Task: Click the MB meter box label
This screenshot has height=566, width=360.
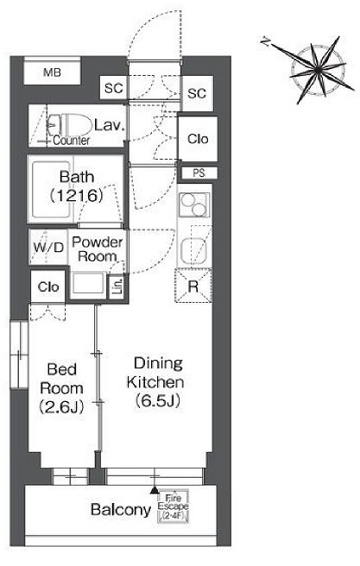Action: click(52, 72)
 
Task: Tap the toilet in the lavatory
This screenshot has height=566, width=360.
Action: click(71, 125)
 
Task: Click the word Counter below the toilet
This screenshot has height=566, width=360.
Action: click(72, 141)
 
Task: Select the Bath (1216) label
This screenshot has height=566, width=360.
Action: click(77, 186)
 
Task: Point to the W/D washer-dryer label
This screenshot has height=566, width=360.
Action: click(48, 248)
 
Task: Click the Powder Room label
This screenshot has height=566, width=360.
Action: click(98, 249)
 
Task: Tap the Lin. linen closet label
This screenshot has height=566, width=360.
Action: click(118, 286)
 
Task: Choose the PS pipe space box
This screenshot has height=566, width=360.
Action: click(199, 173)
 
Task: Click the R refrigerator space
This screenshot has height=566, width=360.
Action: click(193, 286)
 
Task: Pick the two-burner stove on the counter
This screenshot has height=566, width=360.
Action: click(194, 204)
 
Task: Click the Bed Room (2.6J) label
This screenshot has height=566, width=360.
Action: click(62, 388)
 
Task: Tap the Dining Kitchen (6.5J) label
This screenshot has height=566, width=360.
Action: click(155, 382)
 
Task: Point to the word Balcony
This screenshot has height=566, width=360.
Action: click(121, 509)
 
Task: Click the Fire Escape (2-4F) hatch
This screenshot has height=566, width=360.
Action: click(173, 506)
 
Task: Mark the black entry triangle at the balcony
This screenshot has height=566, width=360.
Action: click(155, 490)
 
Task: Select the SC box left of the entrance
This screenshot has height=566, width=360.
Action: click(114, 88)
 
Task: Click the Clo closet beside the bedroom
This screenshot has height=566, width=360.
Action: click(48, 287)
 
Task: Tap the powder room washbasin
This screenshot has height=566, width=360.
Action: click(88, 283)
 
